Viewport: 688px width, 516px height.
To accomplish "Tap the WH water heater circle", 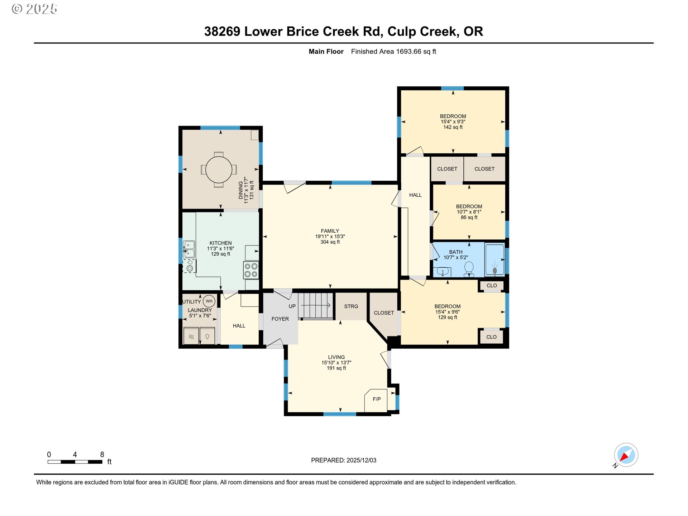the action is click(x=209, y=301).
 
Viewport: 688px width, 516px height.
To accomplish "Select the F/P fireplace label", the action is click(x=377, y=399).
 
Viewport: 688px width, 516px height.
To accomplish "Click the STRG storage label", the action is click(x=351, y=306).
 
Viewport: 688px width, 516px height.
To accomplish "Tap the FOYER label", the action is click(x=280, y=319).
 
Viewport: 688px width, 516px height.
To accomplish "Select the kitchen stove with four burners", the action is click(x=251, y=271).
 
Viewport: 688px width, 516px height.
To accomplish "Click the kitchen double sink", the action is click(x=189, y=249).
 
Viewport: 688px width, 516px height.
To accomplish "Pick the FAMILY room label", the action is click(x=330, y=231).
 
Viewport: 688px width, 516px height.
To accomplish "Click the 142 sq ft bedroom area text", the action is click(x=453, y=127).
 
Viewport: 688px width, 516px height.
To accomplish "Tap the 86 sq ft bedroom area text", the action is click(x=469, y=218).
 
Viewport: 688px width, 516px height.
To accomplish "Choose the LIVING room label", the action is click(x=336, y=357).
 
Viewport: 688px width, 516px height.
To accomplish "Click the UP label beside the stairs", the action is click(x=292, y=306).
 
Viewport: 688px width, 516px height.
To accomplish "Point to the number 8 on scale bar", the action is click(x=102, y=454).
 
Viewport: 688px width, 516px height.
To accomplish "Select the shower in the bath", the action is click(x=494, y=260).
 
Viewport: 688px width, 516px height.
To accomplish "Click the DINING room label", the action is click(x=241, y=190).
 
